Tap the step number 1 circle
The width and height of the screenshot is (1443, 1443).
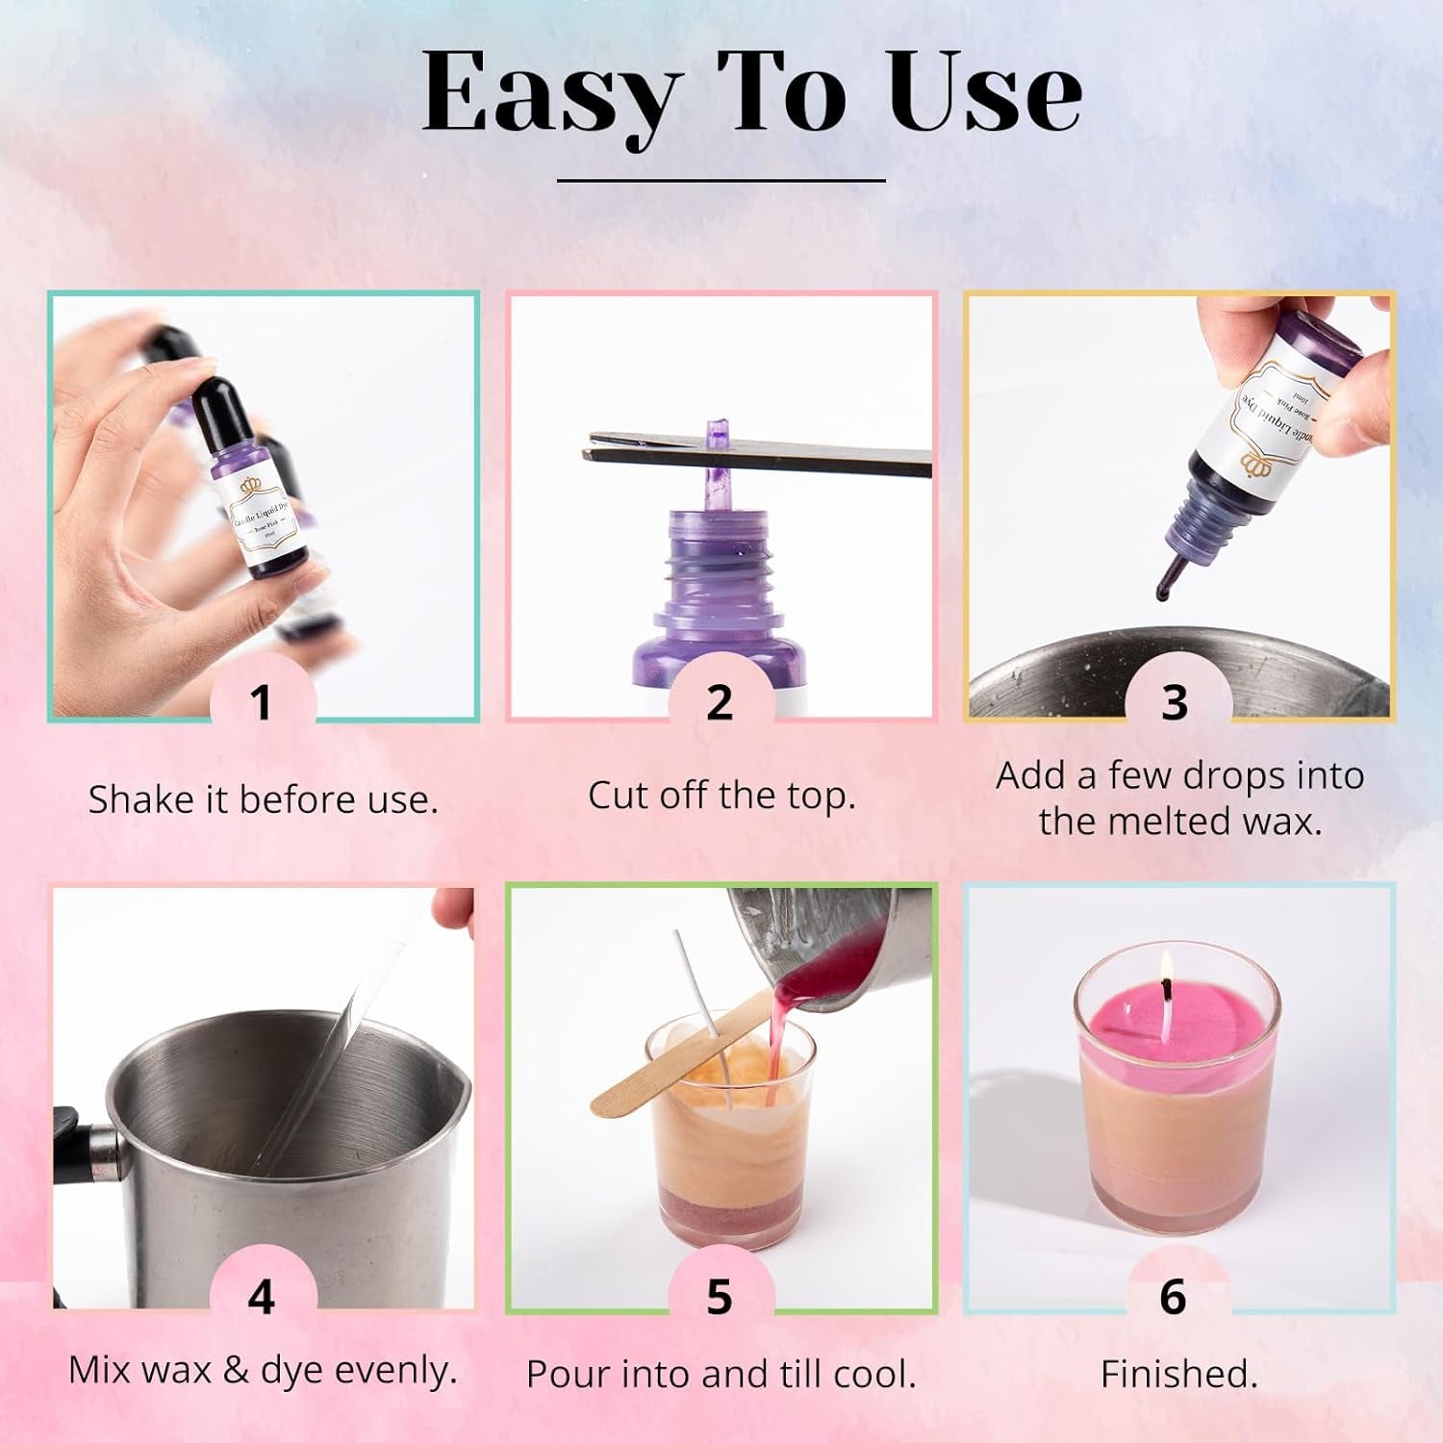[x=262, y=703]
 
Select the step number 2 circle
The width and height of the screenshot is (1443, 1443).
[x=720, y=703]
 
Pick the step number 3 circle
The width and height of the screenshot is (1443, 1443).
[x=1175, y=703]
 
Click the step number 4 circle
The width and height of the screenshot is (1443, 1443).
[x=262, y=1297]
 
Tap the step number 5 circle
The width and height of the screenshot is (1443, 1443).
[x=720, y=1297]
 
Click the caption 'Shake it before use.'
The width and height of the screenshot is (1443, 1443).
[x=263, y=800]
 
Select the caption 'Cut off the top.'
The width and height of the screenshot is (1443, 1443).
[x=721, y=796]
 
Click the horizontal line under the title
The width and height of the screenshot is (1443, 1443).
[x=721, y=180]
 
